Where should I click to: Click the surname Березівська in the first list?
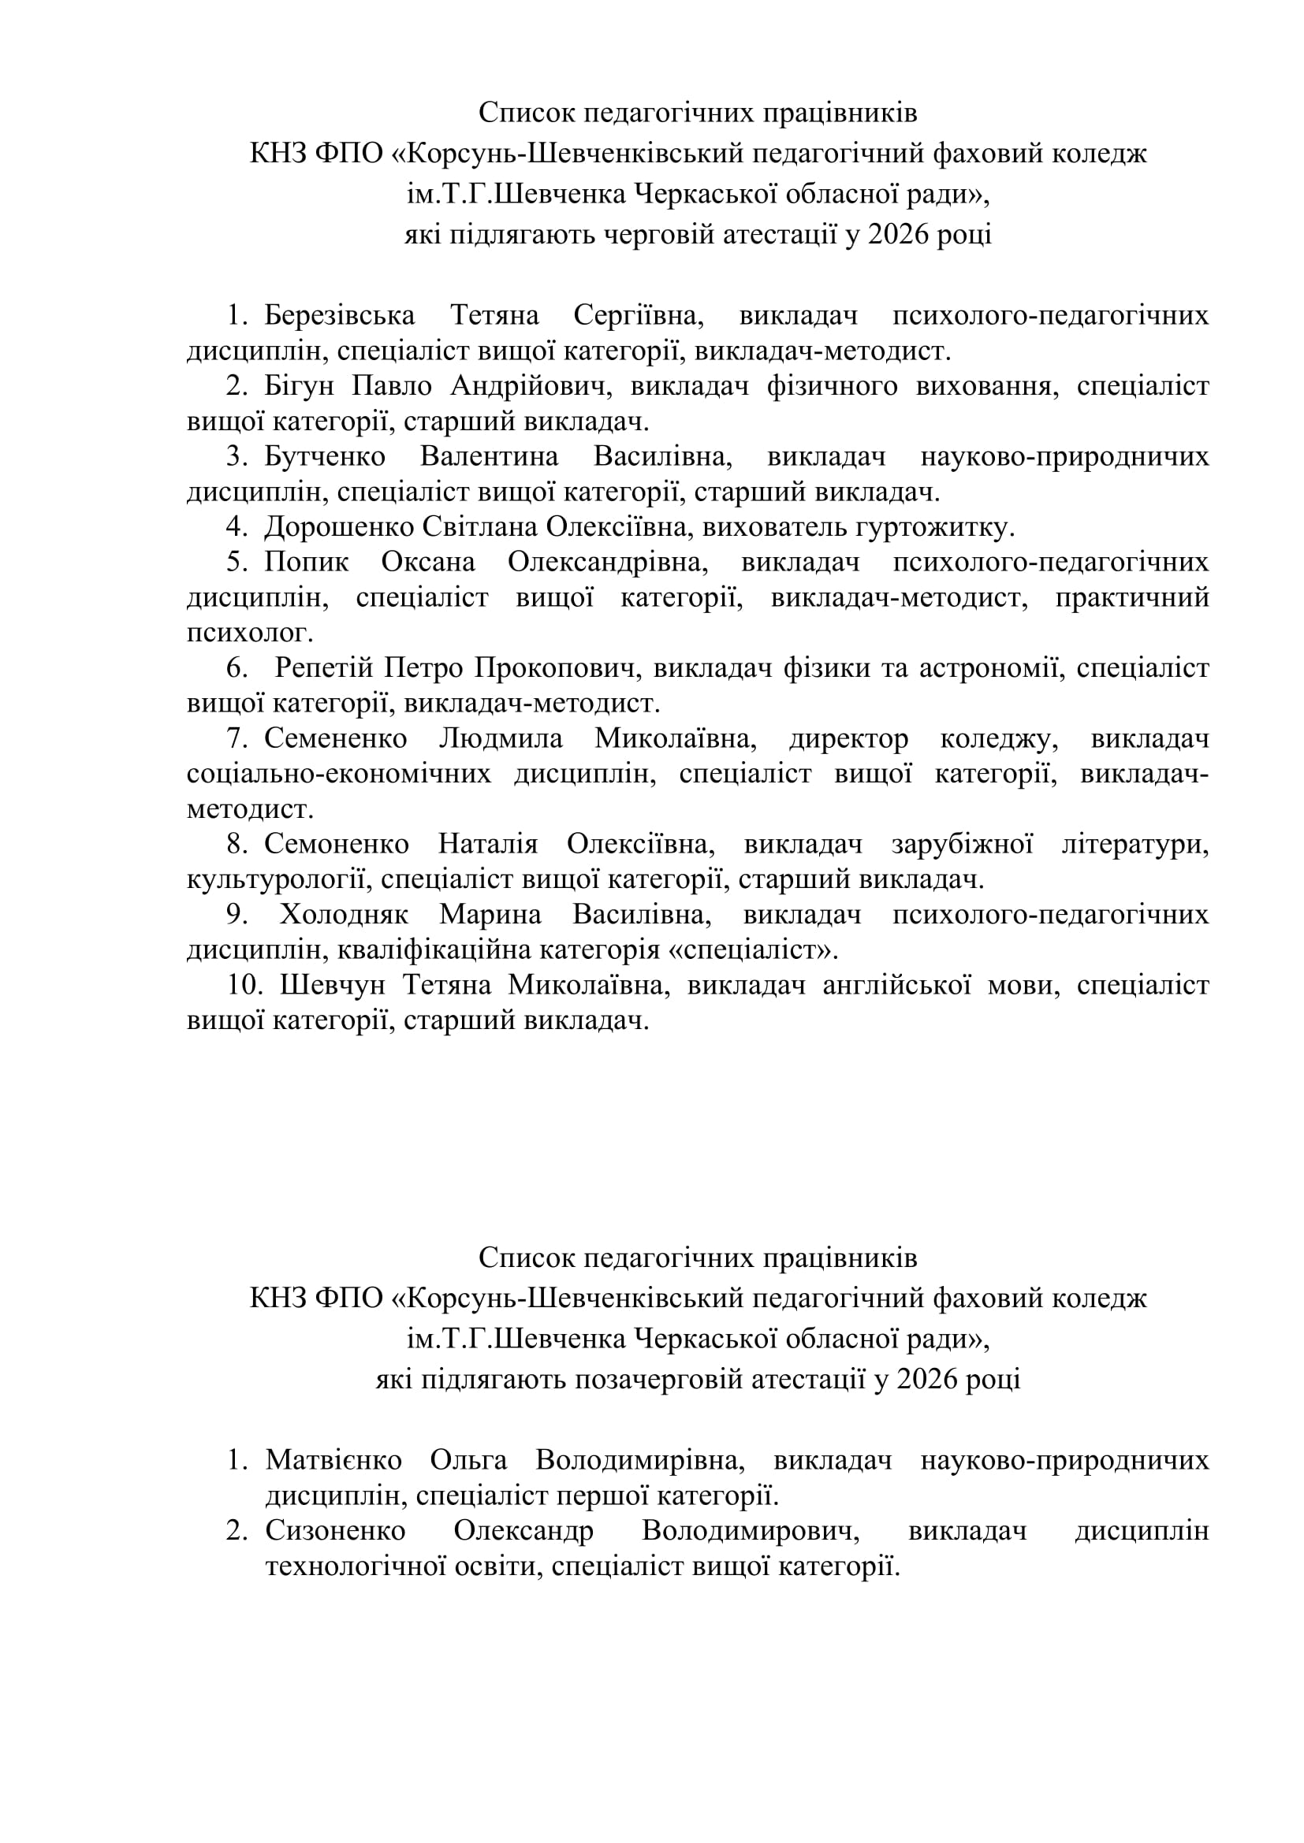[x=340, y=316]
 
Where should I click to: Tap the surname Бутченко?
[x=325, y=457]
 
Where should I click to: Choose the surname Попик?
[x=307, y=563]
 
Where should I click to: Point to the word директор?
[x=848, y=738]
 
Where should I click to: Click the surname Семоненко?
[x=337, y=845]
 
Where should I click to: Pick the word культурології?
[x=279, y=880]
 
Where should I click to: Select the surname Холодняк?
[x=344, y=915]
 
